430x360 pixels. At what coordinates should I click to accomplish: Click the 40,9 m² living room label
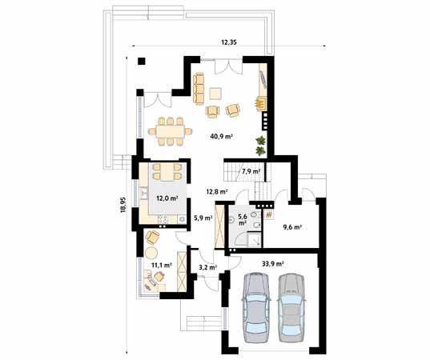[x=222, y=136]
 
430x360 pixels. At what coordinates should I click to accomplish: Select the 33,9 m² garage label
[x=272, y=264]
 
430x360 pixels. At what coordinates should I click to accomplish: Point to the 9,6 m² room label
[x=292, y=227]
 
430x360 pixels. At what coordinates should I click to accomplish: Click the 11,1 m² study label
[x=162, y=265]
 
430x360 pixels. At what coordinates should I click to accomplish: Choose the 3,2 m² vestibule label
[x=207, y=267]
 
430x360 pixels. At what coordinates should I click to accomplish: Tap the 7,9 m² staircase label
[x=251, y=171]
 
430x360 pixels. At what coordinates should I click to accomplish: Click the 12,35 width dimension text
[x=229, y=42]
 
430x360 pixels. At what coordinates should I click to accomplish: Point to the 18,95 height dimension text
[x=123, y=204]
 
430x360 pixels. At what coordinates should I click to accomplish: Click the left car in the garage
[x=256, y=307]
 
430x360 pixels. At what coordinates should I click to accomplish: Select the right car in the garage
[x=291, y=307]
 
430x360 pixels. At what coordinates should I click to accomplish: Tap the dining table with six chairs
[x=170, y=131]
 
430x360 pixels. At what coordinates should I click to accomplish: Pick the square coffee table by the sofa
[x=216, y=94]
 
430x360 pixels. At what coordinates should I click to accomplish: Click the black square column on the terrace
[x=142, y=61]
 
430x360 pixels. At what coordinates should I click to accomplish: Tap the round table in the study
[x=151, y=253]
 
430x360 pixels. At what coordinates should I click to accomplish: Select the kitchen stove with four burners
[x=163, y=219]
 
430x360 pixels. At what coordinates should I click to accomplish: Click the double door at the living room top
[x=228, y=66]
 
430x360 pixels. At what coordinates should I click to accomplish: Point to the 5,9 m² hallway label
[x=203, y=218]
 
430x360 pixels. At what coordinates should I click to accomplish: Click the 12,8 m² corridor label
[x=217, y=191]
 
